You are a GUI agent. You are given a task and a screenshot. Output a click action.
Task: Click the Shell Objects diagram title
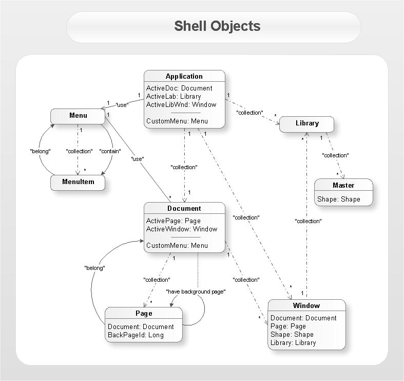click(217, 26)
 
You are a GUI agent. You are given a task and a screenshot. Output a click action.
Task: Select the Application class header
click(184, 76)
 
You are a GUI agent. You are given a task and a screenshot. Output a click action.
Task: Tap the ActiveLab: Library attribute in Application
click(174, 96)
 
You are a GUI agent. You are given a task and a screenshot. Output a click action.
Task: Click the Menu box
click(78, 115)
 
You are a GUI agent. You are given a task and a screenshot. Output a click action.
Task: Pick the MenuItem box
click(78, 182)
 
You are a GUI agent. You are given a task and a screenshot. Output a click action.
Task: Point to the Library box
click(307, 123)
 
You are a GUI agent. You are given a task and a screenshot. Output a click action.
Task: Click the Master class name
click(343, 185)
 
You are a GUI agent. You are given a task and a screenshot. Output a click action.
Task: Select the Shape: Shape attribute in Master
click(338, 199)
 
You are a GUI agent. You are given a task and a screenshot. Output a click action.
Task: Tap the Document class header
click(184, 208)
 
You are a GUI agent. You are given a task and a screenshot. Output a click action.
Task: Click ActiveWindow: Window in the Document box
click(181, 229)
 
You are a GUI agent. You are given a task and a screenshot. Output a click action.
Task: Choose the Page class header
click(144, 313)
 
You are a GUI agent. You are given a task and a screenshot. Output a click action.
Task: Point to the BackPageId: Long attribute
click(136, 335)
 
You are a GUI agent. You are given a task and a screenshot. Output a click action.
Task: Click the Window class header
click(306, 305)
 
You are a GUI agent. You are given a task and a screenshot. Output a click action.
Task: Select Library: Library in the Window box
click(293, 342)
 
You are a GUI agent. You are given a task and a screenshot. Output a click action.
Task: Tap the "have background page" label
click(196, 292)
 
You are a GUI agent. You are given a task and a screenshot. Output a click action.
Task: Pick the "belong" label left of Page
click(94, 268)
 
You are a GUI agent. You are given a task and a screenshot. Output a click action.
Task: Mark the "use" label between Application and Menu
click(122, 104)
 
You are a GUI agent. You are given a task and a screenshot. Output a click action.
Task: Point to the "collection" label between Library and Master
click(335, 155)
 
